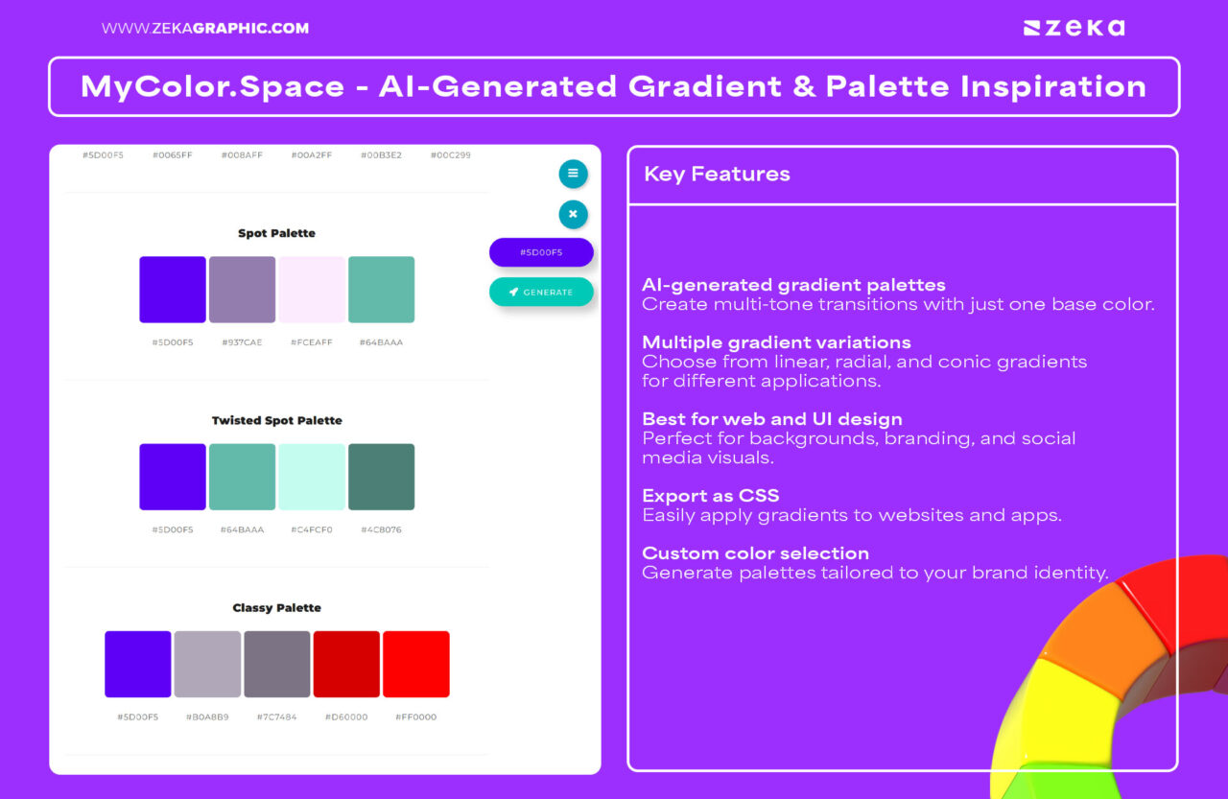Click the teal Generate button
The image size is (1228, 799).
[x=541, y=292]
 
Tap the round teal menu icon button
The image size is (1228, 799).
[x=573, y=174]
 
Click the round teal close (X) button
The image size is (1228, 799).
[x=573, y=214]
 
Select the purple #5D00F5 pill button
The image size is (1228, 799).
[x=541, y=252]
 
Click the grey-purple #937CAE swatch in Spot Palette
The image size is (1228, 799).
[x=243, y=290]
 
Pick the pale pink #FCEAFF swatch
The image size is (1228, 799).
[x=312, y=290]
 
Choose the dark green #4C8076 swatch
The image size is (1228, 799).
[x=382, y=477]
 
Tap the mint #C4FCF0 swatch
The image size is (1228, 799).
[x=312, y=477]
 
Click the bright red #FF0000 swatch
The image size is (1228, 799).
[x=416, y=664]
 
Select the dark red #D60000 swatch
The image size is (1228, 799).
[x=346, y=664]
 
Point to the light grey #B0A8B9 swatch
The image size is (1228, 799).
[x=207, y=664]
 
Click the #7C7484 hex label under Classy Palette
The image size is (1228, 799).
[x=277, y=717]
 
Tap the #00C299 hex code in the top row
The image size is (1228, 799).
[x=451, y=155]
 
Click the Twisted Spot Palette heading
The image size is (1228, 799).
[x=277, y=420]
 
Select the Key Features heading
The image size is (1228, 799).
[x=717, y=175]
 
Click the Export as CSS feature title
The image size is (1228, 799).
[x=711, y=495]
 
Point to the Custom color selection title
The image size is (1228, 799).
[x=755, y=553]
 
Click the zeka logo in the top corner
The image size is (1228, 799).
[x=1074, y=28]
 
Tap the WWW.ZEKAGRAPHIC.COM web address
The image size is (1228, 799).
[x=205, y=28]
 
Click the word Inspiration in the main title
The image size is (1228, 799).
[x=1053, y=87]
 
